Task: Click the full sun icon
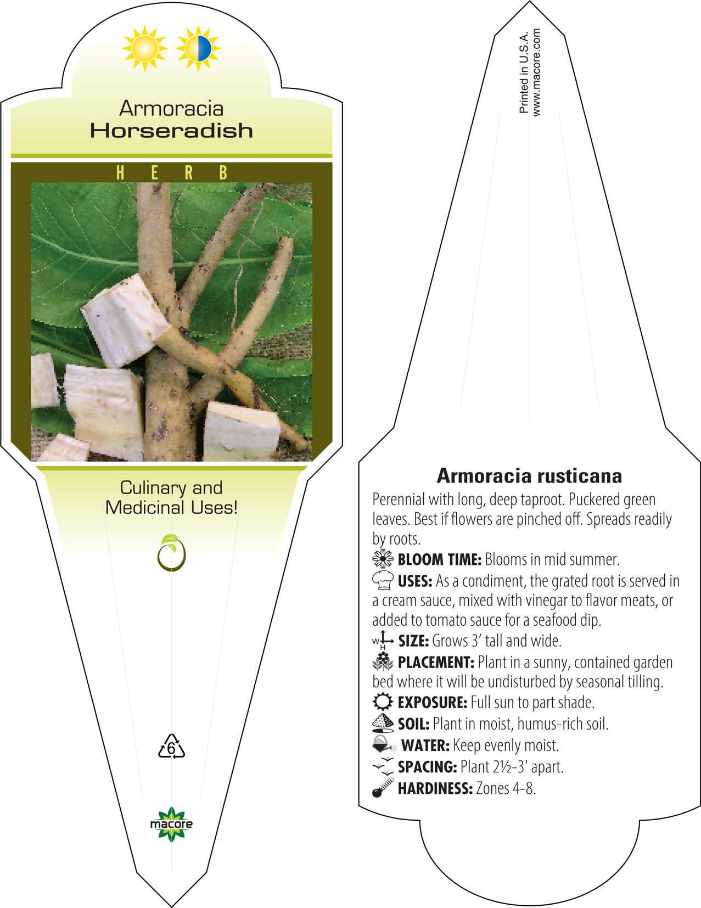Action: tap(144, 48)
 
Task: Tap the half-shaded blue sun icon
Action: tap(198, 48)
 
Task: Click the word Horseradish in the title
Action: tap(172, 131)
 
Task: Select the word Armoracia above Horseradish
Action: tap(171, 109)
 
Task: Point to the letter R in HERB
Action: tap(189, 172)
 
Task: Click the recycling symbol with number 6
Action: tap(171, 746)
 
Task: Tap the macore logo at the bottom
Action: tap(171, 824)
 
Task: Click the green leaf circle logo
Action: tap(171, 552)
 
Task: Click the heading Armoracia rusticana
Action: tap(529, 476)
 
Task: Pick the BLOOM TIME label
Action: tap(440, 559)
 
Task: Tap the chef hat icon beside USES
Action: tap(383, 580)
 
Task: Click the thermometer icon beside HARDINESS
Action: tap(383, 788)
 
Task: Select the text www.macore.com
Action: tap(536, 72)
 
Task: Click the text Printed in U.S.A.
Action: tap(524, 72)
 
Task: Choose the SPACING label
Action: tap(428, 767)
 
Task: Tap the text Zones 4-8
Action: tap(506, 788)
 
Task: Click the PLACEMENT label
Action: tap(436, 662)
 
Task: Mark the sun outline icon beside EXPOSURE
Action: tap(383, 702)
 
